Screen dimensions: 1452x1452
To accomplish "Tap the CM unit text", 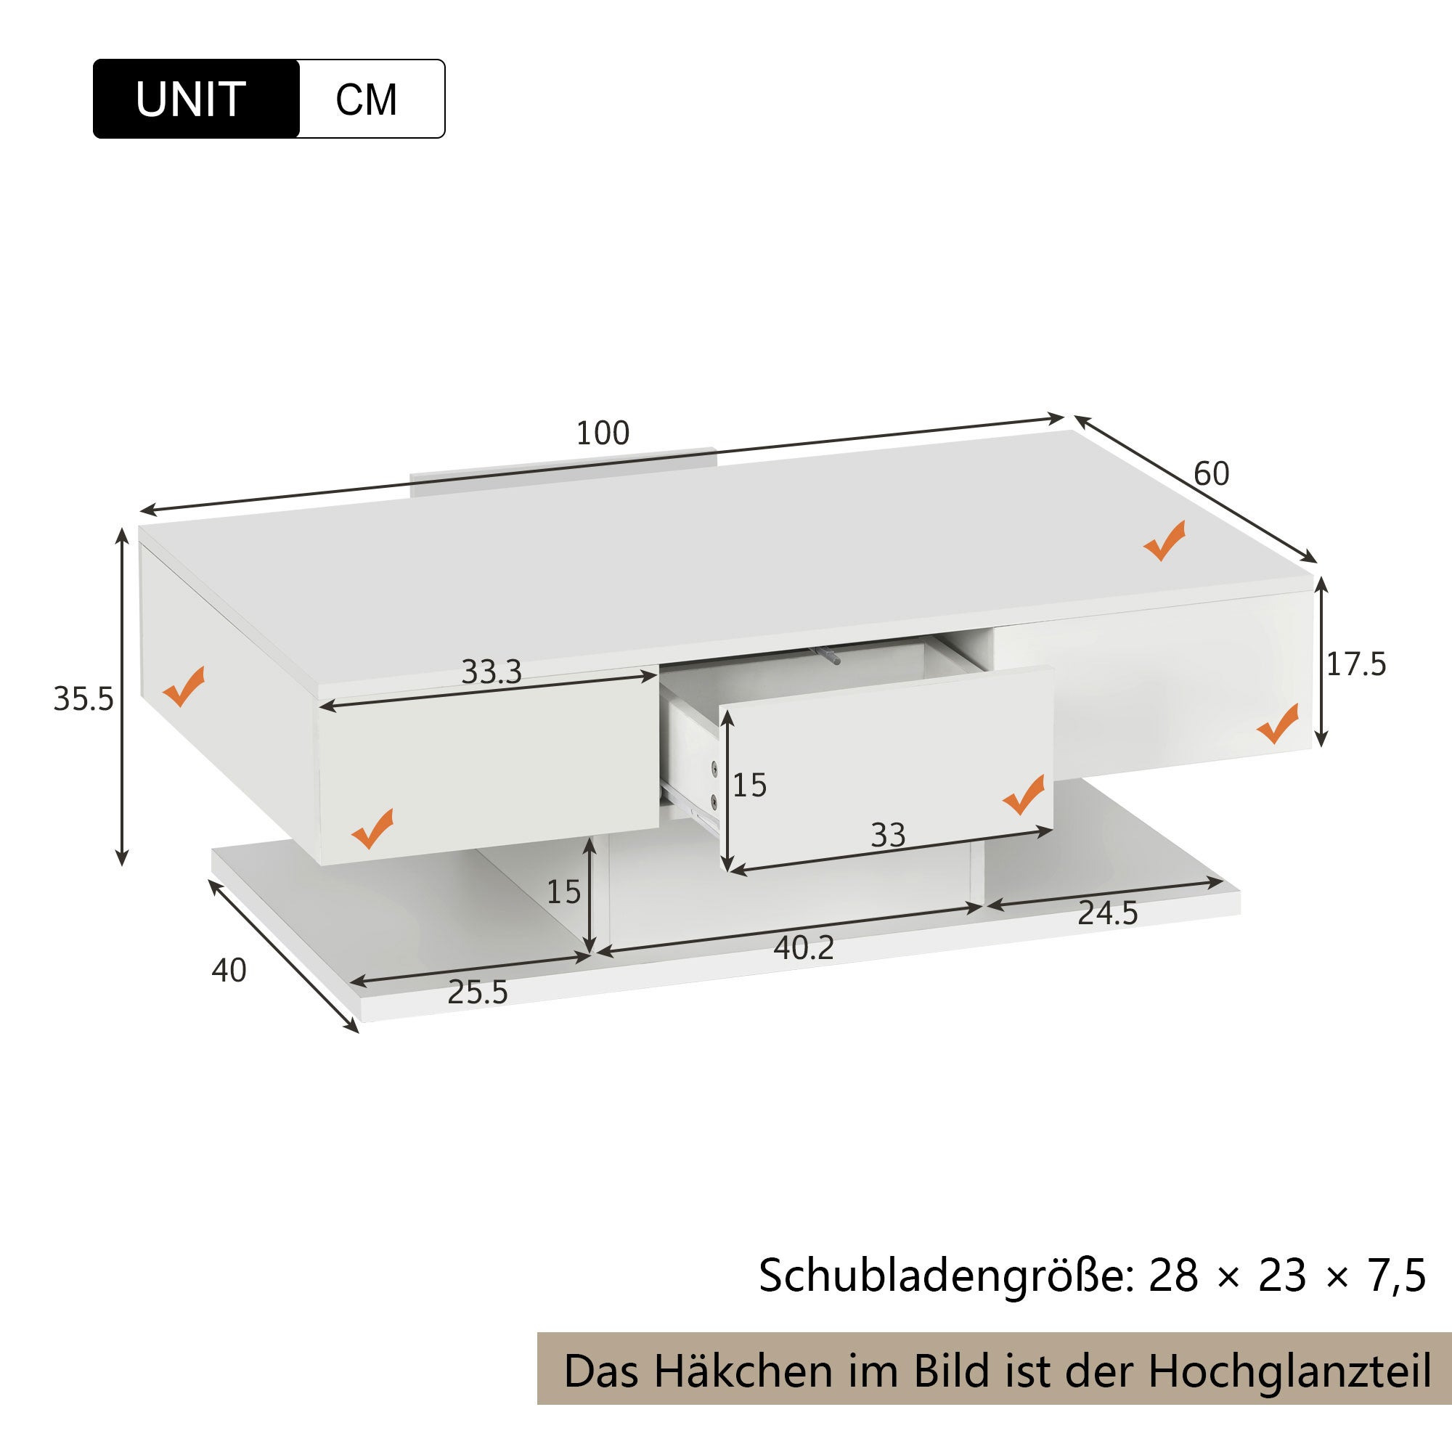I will pyautogui.click(x=366, y=99).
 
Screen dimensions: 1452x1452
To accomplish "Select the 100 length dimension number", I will pyautogui.click(x=602, y=433).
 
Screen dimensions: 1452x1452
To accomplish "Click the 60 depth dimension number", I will pyautogui.click(x=1211, y=473).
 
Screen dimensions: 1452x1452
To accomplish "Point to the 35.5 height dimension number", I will pyautogui.click(x=83, y=699).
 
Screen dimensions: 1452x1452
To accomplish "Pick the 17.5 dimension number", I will pyautogui.click(x=1355, y=664).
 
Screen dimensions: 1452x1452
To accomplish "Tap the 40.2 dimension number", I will pyautogui.click(x=804, y=948).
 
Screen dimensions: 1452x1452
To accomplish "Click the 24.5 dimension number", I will pyautogui.click(x=1108, y=913).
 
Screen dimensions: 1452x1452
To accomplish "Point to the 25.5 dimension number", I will pyautogui.click(x=477, y=992).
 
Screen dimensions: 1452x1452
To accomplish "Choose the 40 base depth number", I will pyautogui.click(x=229, y=971).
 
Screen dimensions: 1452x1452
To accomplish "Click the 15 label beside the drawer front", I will pyautogui.click(x=749, y=786).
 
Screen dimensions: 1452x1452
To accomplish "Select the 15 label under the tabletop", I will pyautogui.click(x=563, y=892).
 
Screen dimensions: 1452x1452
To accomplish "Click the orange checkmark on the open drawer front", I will pyautogui.click(x=1023, y=794).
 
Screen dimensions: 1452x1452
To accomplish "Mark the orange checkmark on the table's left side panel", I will pyautogui.click(x=184, y=686).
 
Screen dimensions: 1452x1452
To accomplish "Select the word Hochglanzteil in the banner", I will pyautogui.click(x=1289, y=1371).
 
